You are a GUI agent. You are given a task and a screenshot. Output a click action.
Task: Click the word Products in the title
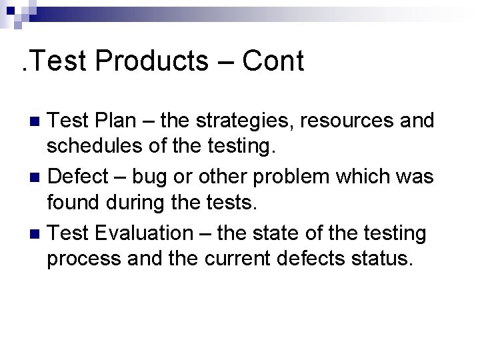pos(152,61)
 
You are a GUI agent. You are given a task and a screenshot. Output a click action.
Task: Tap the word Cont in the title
pos(273,61)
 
